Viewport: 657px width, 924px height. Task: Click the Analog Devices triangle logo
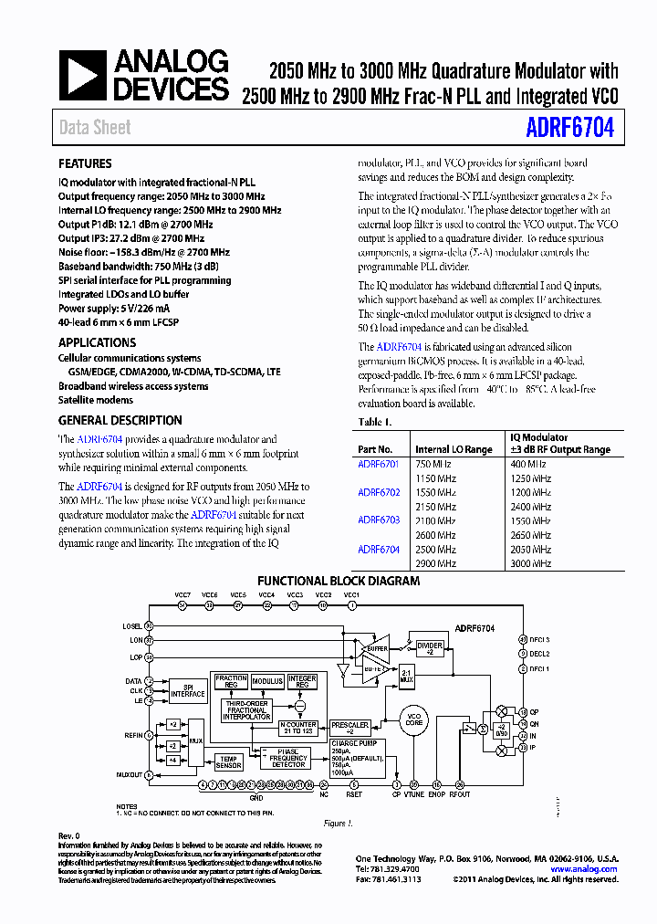point(84,74)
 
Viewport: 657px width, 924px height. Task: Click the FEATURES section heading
point(85,164)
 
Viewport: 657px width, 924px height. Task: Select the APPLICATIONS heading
point(97,342)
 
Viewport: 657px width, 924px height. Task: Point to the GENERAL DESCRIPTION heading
point(120,421)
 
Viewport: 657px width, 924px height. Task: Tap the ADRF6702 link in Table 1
point(379,492)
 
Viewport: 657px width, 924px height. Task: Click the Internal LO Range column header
point(454,449)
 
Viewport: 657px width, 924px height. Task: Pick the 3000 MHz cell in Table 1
point(530,563)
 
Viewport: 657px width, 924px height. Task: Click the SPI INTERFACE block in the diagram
point(188,690)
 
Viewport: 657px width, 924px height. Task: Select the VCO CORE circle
point(414,721)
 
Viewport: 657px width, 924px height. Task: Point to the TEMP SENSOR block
point(228,762)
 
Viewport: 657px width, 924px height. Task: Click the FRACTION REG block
point(231,682)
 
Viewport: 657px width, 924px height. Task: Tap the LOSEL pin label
point(131,625)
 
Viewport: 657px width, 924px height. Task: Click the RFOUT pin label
point(460,794)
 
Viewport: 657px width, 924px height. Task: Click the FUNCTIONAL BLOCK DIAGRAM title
point(339,581)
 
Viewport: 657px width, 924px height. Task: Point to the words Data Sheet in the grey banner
point(95,128)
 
